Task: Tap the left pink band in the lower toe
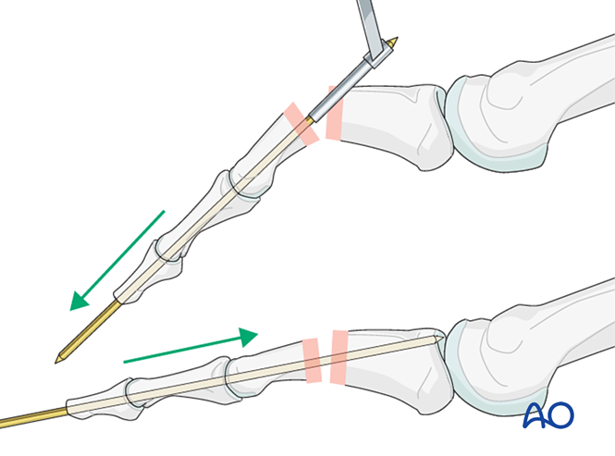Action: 311,360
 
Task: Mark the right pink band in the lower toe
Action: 339,356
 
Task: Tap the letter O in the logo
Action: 560,414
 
